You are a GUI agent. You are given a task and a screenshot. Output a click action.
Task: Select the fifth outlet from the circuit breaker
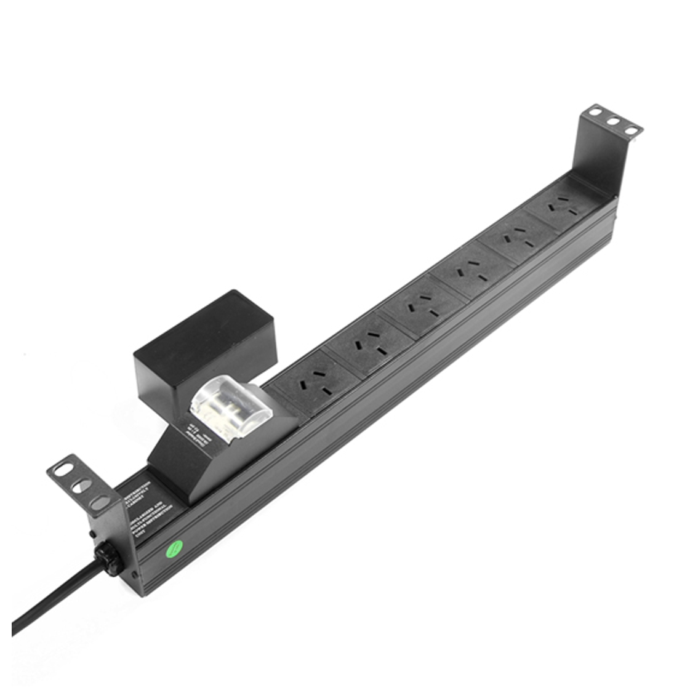[516, 239]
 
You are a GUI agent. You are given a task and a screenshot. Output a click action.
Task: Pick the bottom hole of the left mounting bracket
[97, 503]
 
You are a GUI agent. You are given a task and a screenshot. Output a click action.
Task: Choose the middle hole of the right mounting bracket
[613, 121]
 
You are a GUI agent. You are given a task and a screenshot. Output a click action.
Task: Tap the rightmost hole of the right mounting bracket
[632, 130]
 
